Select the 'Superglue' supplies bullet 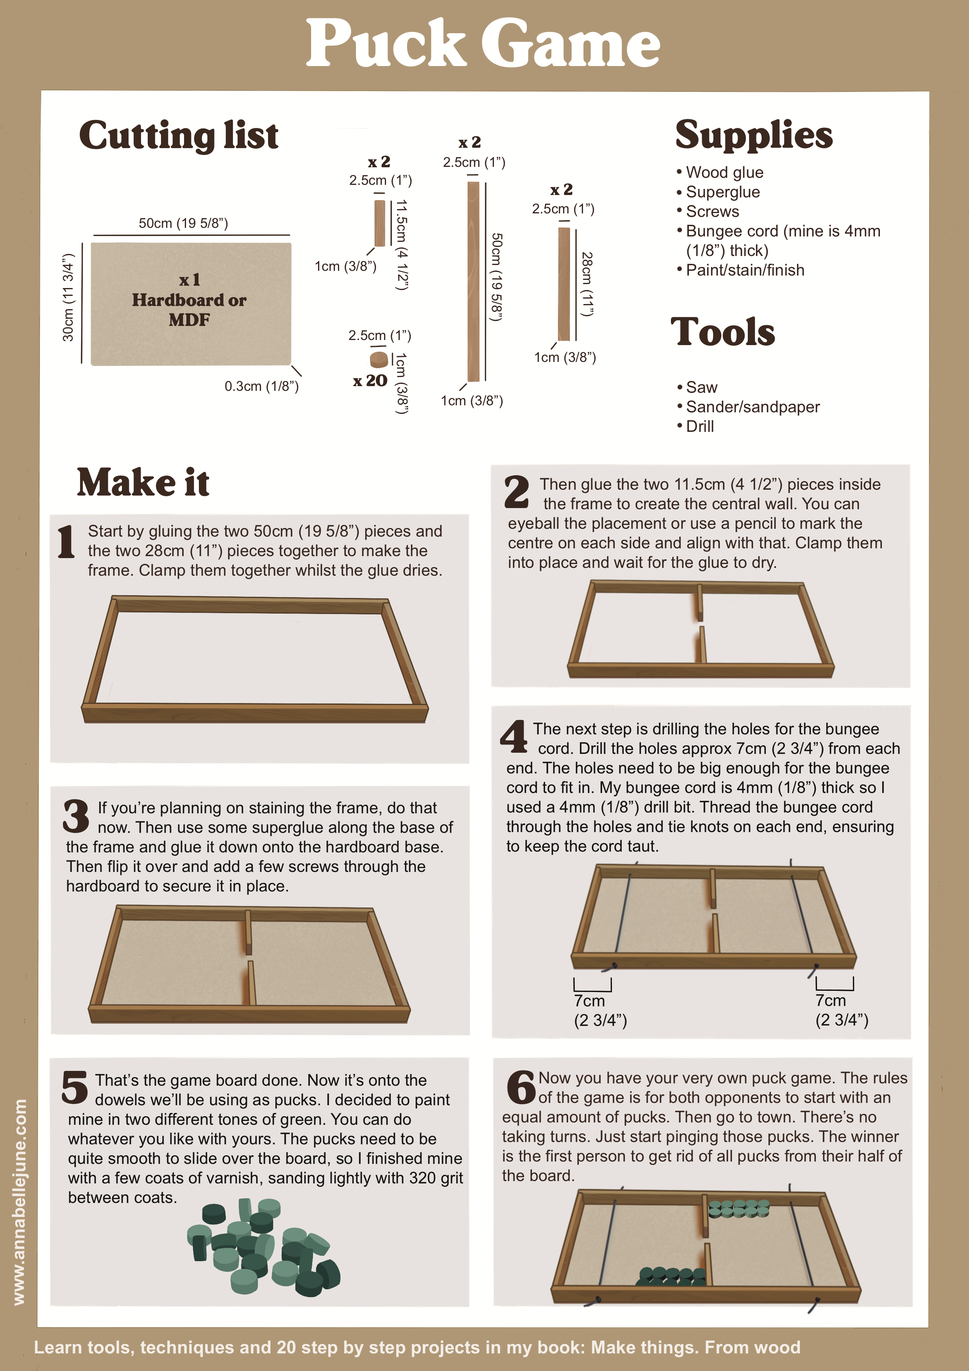(x=722, y=192)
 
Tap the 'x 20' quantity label (x=370, y=380)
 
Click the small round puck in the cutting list (x=379, y=360)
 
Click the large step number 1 (x=66, y=542)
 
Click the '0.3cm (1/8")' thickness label (x=261, y=387)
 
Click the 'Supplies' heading (x=754, y=134)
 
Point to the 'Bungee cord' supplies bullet (x=779, y=241)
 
